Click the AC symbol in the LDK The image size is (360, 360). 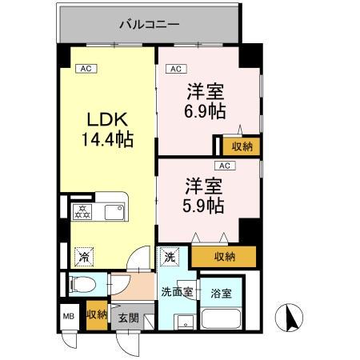(x=86, y=69)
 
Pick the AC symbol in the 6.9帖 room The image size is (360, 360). (x=176, y=69)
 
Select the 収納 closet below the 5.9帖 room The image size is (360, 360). (x=225, y=256)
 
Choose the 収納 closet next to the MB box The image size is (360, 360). (x=97, y=315)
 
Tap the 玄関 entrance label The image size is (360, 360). (x=128, y=318)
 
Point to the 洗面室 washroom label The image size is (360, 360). (x=176, y=291)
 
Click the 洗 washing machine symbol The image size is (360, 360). (x=170, y=258)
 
